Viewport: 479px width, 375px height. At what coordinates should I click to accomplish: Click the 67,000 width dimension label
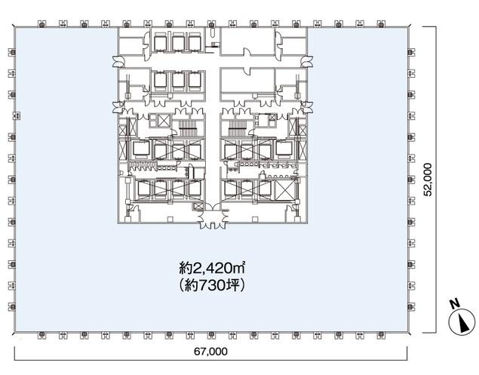(210, 352)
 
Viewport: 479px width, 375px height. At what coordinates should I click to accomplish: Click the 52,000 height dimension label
(428, 180)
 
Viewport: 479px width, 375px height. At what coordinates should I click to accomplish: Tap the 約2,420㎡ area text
(212, 269)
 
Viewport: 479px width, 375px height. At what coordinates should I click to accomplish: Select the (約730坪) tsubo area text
(212, 286)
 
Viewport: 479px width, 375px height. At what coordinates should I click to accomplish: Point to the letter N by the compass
(455, 303)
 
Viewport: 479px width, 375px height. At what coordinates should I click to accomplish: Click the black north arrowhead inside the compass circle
(464, 324)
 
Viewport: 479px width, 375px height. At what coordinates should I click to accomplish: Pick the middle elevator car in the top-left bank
(178, 43)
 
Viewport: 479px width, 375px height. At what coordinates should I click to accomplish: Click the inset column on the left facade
(17, 116)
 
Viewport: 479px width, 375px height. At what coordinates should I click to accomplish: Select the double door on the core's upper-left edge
(118, 61)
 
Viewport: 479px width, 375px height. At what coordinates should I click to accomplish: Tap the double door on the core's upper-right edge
(307, 61)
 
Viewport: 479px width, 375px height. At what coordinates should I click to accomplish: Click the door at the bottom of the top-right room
(247, 52)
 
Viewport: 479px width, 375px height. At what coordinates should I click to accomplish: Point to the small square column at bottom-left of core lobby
(170, 219)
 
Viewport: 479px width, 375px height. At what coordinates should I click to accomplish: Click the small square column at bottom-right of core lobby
(255, 219)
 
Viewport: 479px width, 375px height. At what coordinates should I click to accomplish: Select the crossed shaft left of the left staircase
(164, 120)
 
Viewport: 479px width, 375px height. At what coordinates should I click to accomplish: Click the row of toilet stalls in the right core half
(278, 165)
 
